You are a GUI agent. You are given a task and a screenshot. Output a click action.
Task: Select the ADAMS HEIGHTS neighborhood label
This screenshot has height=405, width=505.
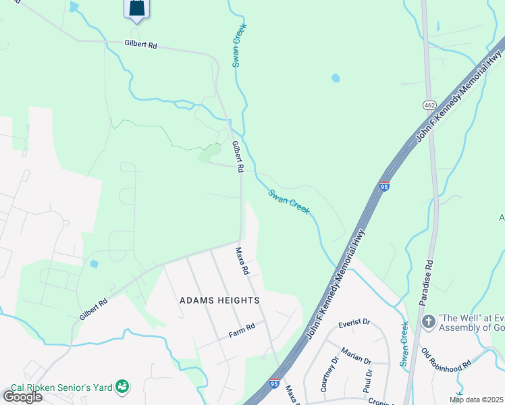pyautogui.click(x=219, y=300)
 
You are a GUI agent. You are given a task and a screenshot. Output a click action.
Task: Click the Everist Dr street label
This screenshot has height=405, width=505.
pyautogui.click(x=355, y=323)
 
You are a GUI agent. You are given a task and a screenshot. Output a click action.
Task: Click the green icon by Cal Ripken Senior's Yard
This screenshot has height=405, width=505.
pyautogui.click(x=122, y=386)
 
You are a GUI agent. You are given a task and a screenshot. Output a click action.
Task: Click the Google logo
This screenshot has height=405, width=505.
pyautogui.click(x=22, y=397)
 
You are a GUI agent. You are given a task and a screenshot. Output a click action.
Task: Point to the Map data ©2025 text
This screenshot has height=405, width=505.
pyautogui.click(x=477, y=400)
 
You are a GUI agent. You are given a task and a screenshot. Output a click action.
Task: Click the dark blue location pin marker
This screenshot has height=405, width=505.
pyautogui.click(x=136, y=9)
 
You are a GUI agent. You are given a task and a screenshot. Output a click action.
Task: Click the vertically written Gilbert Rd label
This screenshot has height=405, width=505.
pyautogui.click(x=237, y=157)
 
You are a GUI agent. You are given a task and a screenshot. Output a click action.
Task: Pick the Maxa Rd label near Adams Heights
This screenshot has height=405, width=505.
pyautogui.click(x=242, y=261)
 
